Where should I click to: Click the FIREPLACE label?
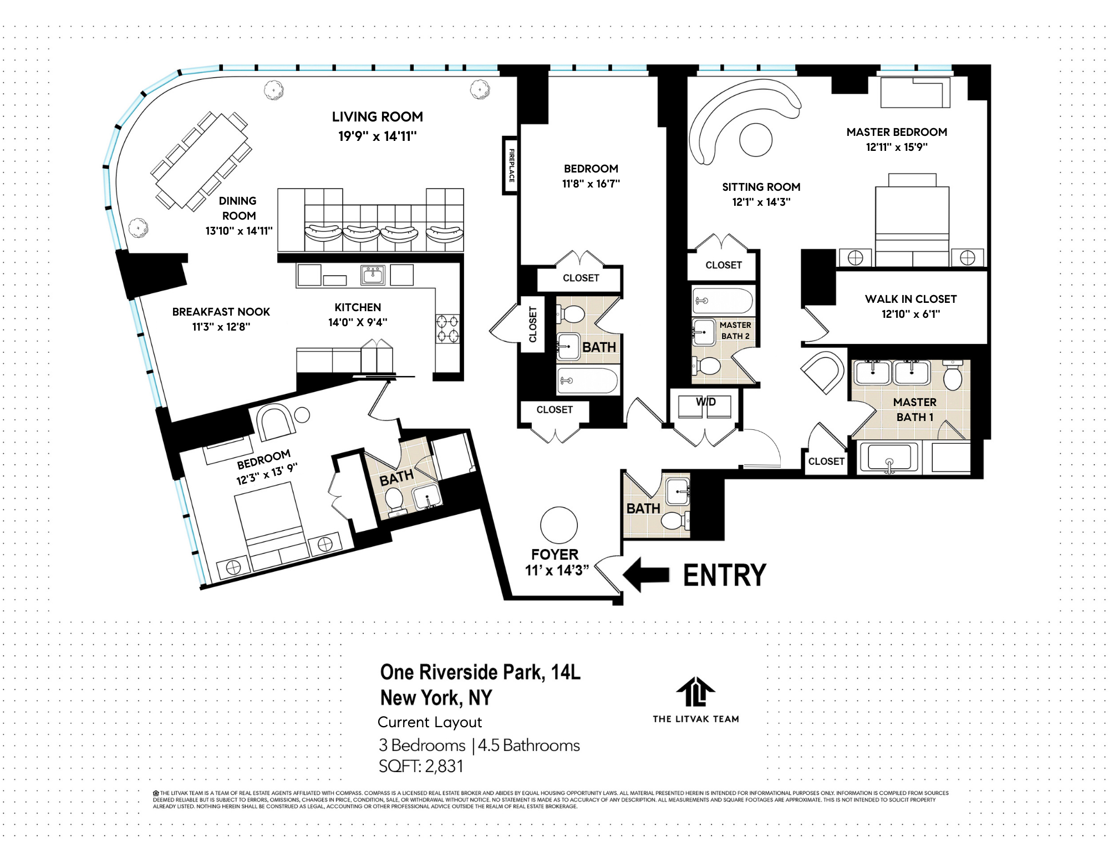click(x=511, y=165)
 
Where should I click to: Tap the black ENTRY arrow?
click(x=646, y=575)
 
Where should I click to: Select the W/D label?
click(x=705, y=402)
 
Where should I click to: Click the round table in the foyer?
click(x=558, y=525)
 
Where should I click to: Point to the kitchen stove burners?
click(x=447, y=328)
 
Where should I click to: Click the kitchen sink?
click(x=373, y=274)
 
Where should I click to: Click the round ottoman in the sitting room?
click(x=755, y=140)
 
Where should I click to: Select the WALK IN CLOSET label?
click(x=910, y=299)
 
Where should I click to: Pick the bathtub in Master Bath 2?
click(x=723, y=301)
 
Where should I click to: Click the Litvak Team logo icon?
click(x=695, y=692)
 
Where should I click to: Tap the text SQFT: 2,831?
click(x=421, y=766)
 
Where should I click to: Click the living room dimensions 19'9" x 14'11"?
click(x=377, y=136)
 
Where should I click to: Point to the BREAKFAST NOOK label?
click(x=221, y=312)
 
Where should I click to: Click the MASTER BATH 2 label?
click(x=735, y=331)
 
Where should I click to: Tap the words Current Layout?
click(x=429, y=722)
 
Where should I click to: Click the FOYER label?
click(x=554, y=554)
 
